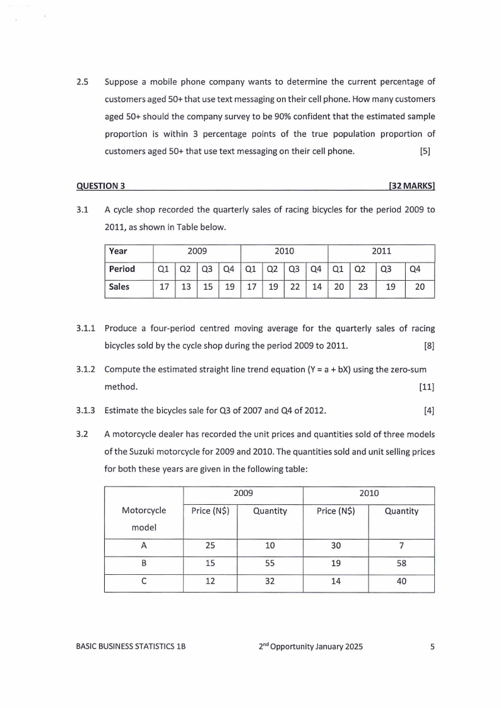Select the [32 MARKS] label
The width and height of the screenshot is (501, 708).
click(413, 186)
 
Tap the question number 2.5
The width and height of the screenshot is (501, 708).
click(82, 82)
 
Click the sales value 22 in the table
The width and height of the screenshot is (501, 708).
click(294, 286)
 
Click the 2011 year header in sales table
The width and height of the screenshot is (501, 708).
click(381, 251)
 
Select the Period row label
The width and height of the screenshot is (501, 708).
click(122, 269)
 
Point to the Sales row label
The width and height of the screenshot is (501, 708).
click(119, 286)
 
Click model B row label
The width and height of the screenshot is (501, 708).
click(144, 566)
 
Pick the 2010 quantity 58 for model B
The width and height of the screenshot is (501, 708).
click(401, 566)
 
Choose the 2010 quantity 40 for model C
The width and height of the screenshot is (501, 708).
click(401, 584)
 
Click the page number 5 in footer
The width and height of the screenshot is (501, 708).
click(432, 647)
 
